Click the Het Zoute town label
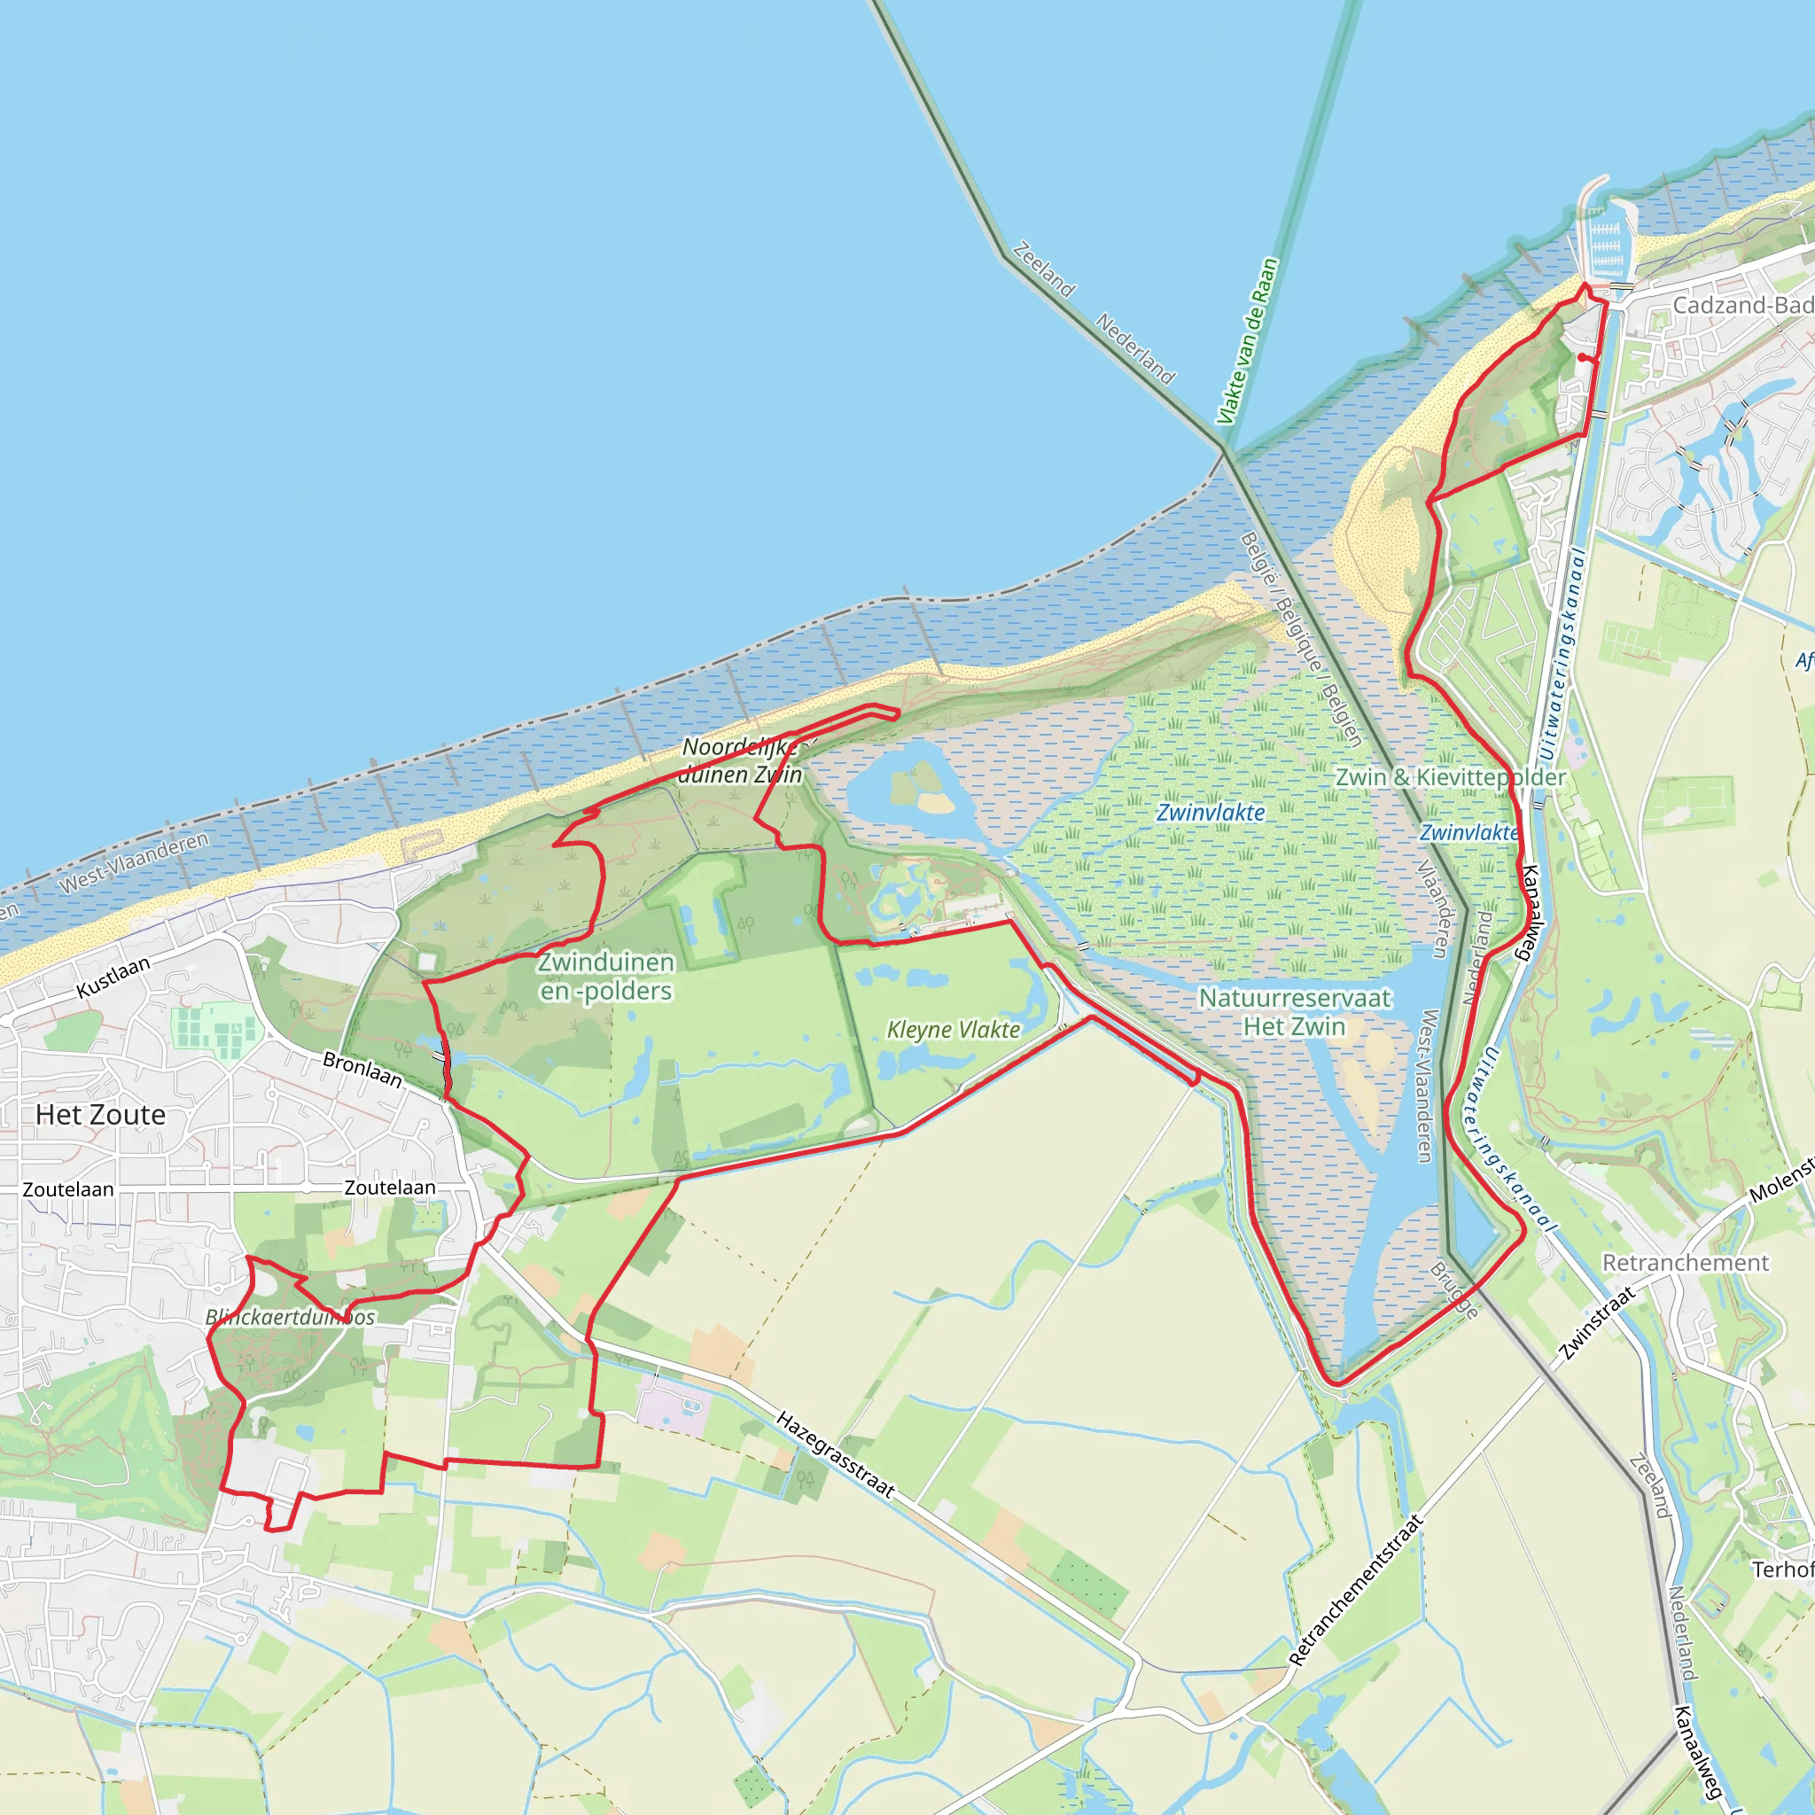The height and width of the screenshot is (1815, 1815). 100,1115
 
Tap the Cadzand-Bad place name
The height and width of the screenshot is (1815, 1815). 1741,306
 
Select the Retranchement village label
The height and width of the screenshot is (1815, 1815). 1686,1263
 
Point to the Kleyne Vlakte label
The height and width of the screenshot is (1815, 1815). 954,1030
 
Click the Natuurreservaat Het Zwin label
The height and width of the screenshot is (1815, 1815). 1295,1012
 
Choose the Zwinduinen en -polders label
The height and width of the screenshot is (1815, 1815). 606,976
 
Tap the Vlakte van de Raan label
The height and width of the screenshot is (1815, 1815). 1247,341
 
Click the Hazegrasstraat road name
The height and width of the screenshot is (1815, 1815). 835,1454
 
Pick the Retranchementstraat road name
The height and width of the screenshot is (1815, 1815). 1355,1591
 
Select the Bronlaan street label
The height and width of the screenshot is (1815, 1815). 362,1070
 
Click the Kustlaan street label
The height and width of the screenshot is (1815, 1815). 113,977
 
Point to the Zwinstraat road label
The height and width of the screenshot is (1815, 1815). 1596,1323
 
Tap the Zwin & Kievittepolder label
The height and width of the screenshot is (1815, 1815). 1451,777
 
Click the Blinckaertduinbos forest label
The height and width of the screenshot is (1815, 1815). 289,1317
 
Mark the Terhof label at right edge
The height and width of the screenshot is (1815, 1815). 1782,1569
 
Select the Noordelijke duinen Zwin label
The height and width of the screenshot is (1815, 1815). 742,760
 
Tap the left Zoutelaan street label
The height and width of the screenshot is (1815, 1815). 67,1189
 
